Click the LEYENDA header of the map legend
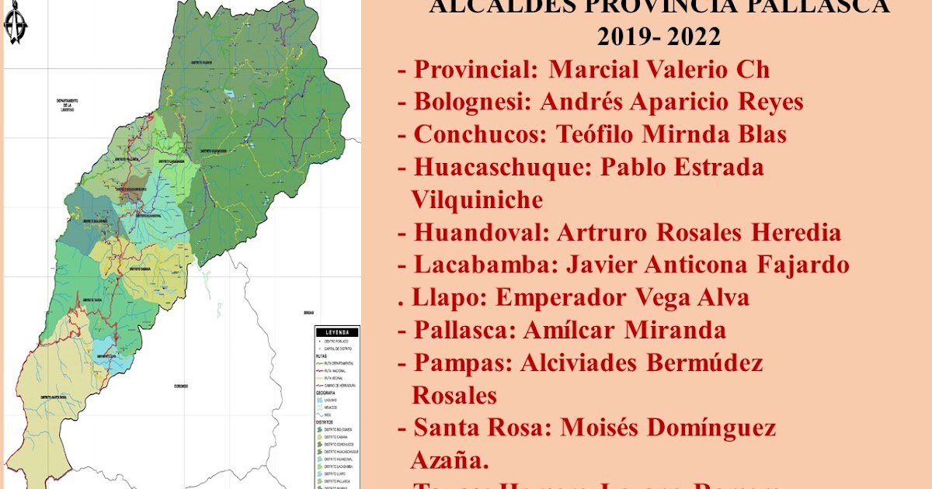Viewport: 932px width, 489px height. pos(332,331)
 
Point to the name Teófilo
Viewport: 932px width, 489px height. pos(596,135)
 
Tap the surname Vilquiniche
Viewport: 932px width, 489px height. pos(477,200)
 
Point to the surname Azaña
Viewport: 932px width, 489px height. pos(450,461)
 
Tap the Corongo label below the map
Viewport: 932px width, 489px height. pos(181,386)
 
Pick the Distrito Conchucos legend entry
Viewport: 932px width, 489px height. pos(336,444)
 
